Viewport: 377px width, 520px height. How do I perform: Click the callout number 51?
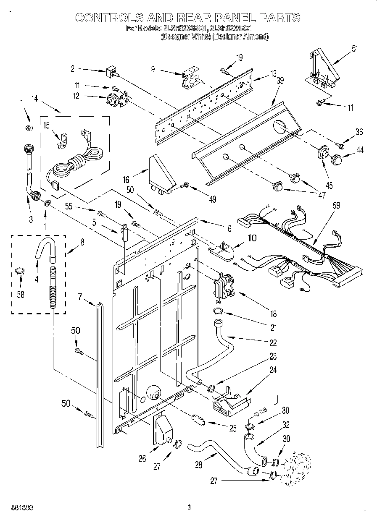coord(355,48)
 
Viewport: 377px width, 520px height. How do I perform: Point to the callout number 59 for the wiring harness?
coord(336,206)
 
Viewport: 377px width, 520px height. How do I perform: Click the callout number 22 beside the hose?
coord(273,343)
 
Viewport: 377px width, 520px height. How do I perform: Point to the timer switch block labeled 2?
coord(111,72)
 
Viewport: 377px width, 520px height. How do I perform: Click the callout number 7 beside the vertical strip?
coord(79,297)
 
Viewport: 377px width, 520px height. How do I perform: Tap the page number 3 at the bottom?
coord(190,507)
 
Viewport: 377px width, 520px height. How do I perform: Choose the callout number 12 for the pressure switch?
coord(76,96)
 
